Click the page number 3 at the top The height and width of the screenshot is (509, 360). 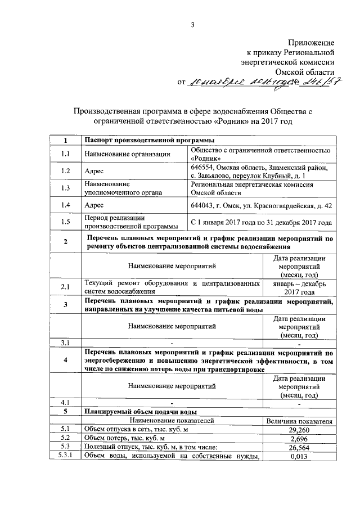tap(192, 24)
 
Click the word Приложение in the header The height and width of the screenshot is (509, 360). tap(312, 43)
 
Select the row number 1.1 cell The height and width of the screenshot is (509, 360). tap(65, 154)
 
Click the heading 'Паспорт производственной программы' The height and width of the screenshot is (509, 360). tap(148, 140)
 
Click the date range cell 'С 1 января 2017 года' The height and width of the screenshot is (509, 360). tap(262, 222)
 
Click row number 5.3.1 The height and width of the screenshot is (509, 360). tap(65, 456)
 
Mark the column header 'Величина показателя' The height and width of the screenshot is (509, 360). tap(299, 420)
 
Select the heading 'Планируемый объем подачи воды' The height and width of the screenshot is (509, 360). tap(140, 411)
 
